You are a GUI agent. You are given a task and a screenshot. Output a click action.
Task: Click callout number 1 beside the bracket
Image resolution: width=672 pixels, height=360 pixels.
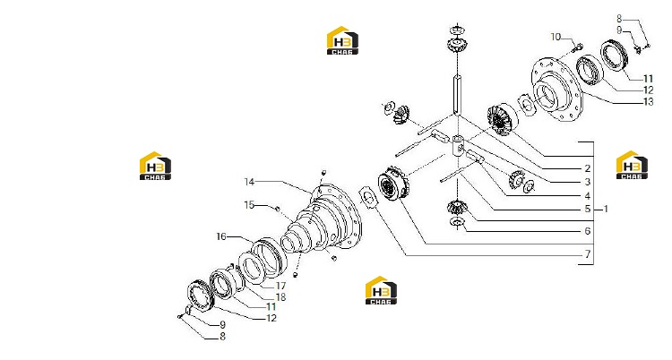[606, 210]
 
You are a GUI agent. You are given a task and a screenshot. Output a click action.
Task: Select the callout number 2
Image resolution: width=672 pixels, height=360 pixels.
[588, 168]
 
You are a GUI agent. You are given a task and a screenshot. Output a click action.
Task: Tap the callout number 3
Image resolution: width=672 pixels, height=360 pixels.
[588, 182]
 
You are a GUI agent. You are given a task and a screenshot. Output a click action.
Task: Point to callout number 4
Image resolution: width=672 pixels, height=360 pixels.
[588, 196]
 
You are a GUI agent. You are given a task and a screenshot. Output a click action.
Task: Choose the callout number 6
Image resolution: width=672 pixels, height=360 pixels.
[588, 231]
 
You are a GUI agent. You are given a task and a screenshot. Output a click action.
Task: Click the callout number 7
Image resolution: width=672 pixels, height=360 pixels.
[588, 254]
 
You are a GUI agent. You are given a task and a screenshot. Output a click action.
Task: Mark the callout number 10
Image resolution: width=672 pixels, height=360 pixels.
[556, 37]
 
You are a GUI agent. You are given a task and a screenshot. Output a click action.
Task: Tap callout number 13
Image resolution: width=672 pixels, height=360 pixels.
[649, 101]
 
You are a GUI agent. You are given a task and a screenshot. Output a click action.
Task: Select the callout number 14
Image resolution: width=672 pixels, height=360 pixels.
[249, 182]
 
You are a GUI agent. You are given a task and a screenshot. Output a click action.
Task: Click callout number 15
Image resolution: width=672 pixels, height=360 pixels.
[249, 205]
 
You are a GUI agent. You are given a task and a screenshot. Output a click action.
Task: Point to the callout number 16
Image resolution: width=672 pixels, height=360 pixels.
[221, 236]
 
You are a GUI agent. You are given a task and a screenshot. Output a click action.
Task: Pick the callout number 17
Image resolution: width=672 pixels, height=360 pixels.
[280, 286]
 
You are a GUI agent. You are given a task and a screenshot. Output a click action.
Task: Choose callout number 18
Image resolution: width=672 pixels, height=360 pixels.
[280, 297]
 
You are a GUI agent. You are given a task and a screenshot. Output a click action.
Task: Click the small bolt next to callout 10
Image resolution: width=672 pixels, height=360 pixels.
[577, 46]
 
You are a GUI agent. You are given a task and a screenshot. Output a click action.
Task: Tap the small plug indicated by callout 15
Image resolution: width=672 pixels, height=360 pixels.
[277, 209]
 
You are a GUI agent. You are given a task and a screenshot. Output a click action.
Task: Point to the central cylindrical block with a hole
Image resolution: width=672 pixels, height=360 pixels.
[459, 146]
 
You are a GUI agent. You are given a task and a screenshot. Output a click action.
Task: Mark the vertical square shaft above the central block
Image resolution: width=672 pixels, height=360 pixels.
[457, 94]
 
